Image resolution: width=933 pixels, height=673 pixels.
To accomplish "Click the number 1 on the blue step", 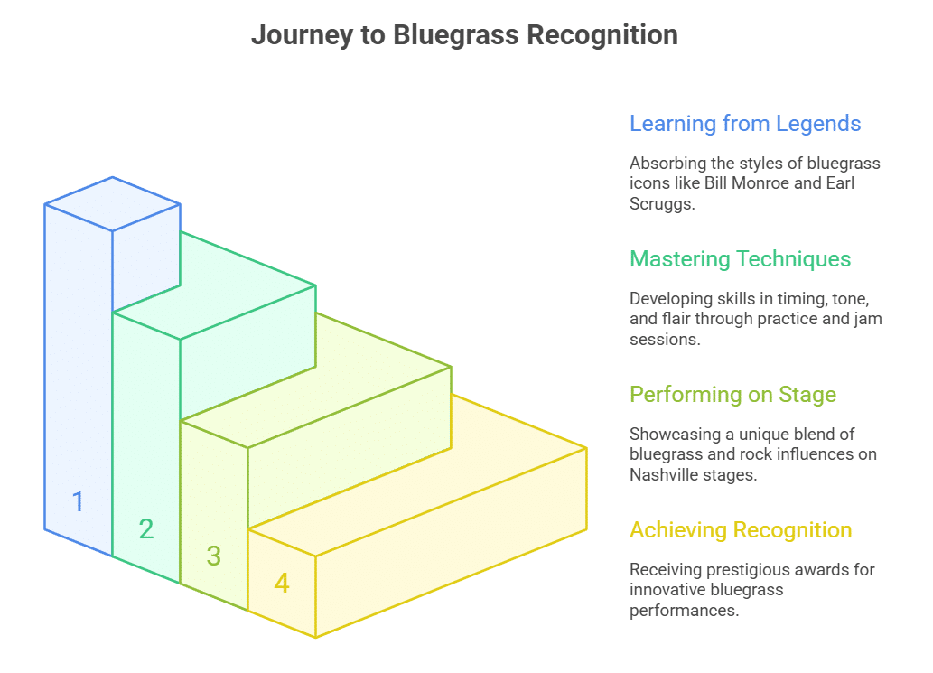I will click(x=78, y=501).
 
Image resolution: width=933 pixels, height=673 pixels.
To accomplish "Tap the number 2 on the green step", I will click(x=145, y=528).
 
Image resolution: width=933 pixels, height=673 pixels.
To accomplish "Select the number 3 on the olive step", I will click(x=213, y=556).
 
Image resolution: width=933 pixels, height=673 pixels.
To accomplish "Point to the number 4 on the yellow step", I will click(x=282, y=583).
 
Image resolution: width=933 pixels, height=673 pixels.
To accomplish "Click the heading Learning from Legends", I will click(x=745, y=123).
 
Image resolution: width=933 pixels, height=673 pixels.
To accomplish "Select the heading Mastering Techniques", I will click(x=740, y=258).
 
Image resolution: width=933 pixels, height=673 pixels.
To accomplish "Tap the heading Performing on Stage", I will click(x=732, y=394).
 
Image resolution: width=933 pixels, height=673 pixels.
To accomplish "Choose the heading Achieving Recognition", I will click(x=741, y=529).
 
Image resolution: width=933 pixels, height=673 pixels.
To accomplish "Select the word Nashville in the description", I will click(x=666, y=473).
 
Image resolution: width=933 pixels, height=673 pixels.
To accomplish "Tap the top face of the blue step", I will click(x=112, y=203).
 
